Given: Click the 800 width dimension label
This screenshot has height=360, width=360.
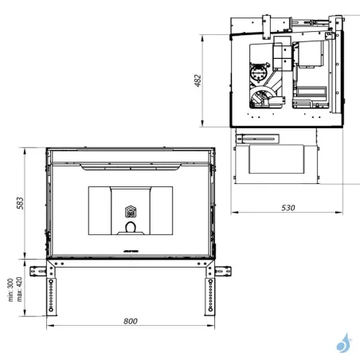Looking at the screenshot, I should pos(131,321).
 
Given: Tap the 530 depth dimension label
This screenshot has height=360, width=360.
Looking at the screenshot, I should pos(288,208).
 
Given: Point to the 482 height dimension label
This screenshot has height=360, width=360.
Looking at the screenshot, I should pos(198,80).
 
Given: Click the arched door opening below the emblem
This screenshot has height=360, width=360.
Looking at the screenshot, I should pos(130,229).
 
